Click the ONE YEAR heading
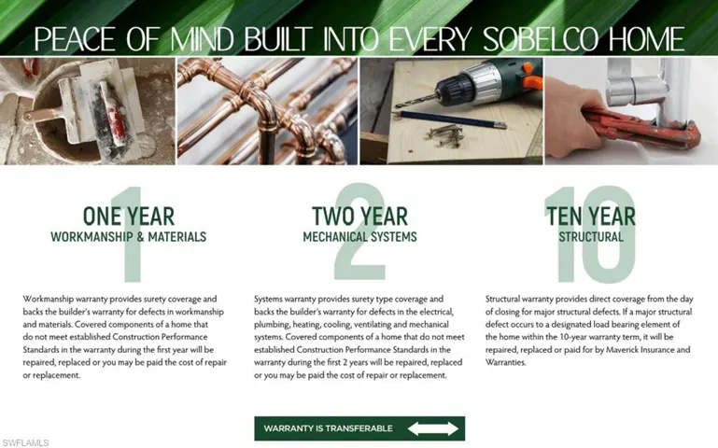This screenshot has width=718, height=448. pyautogui.click(x=128, y=217)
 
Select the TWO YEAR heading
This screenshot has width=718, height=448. pyautogui.click(x=359, y=217)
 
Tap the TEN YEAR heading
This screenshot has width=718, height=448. pyautogui.click(x=590, y=217)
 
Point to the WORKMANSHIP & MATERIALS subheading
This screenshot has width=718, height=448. pyautogui.click(x=128, y=237)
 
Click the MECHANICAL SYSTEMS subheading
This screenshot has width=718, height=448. pyautogui.click(x=359, y=237)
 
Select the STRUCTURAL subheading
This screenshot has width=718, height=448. pyautogui.click(x=590, y=237)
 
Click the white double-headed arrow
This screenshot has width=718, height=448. pyautogui.click(x=433, y=428)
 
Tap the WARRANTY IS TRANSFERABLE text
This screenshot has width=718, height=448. pyautogui.click(x=328, y=428)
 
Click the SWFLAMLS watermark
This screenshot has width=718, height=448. pyautogui.click(x=26, y=441)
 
